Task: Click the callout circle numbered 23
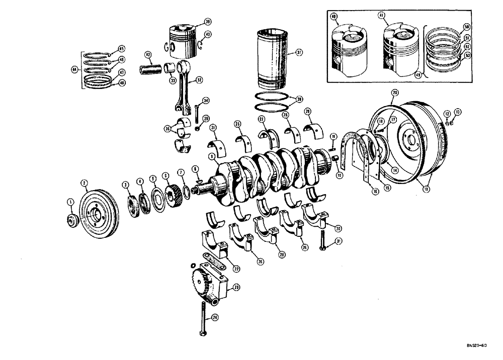(x=236, y=288)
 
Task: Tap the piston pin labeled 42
(x=151, y=67)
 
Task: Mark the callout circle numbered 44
(x=74, y=70)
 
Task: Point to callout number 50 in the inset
(x=467, y=26)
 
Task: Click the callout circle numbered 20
(x=409, y=93)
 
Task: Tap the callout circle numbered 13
(x=457, y=111)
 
